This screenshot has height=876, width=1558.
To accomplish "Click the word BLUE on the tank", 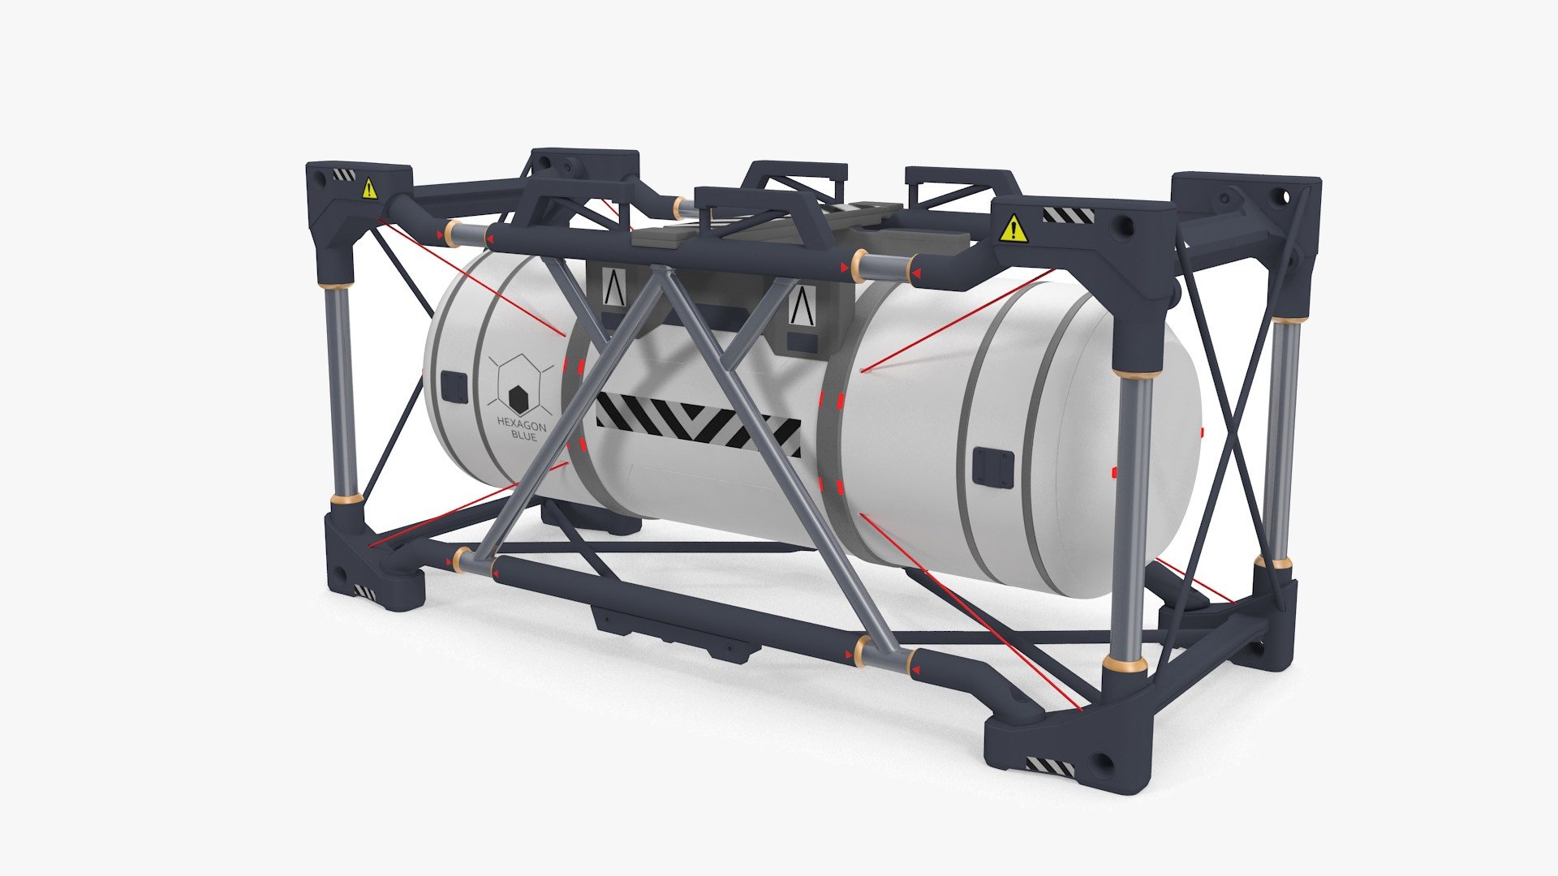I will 523,437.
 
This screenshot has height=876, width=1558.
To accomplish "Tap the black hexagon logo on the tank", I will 519,398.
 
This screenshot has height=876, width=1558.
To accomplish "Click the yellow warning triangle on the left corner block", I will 370,190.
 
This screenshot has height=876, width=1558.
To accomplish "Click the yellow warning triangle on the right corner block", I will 1014,230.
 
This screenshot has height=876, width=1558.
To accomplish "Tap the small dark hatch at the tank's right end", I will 994,469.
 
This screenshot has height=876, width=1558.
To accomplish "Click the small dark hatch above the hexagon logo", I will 454,387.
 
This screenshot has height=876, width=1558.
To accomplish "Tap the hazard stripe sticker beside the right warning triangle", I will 1068,215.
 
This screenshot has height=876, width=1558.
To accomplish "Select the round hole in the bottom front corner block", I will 1105,762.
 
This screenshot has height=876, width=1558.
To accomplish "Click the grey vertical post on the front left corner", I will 344,389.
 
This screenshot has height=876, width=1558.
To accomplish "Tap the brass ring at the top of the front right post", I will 1136,374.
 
